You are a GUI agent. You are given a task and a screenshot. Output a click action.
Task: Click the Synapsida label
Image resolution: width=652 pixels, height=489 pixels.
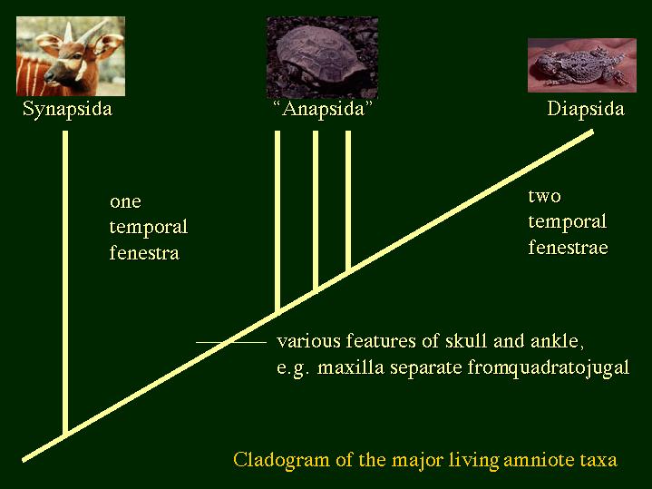67,110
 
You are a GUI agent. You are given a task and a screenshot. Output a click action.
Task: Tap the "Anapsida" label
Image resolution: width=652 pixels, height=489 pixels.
323,110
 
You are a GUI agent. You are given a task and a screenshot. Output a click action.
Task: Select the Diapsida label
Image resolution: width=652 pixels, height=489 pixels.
586,109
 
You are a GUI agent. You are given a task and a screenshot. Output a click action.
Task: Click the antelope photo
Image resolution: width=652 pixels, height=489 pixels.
70,56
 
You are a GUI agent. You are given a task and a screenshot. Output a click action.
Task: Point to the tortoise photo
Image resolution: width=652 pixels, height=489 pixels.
322,57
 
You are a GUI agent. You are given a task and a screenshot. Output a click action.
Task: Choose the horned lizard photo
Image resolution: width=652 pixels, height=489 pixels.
582,65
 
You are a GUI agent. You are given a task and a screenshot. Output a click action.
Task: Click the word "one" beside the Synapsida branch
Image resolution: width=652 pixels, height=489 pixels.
125,201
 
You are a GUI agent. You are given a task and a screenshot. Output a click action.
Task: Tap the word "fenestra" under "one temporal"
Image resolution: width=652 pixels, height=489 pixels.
144,252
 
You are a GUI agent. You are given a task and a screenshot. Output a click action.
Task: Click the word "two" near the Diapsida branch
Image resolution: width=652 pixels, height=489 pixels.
544,196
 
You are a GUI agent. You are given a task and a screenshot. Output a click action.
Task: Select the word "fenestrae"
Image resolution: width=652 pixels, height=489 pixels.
568,247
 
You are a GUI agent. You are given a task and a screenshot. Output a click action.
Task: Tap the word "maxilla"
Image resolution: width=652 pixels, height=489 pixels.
351,368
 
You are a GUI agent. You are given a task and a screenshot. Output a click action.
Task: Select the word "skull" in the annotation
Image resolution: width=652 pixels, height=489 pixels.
466,341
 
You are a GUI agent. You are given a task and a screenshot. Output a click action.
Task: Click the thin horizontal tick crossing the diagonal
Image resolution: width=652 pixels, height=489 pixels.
231,343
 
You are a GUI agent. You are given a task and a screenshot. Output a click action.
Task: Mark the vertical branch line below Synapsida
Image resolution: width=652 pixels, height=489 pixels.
65,283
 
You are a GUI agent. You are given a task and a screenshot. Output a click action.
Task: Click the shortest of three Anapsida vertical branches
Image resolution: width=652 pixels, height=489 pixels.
348,201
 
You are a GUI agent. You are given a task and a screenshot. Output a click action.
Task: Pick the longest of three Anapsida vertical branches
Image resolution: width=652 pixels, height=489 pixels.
277,221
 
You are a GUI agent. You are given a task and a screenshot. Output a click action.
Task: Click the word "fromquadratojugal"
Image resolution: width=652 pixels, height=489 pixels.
548,368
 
